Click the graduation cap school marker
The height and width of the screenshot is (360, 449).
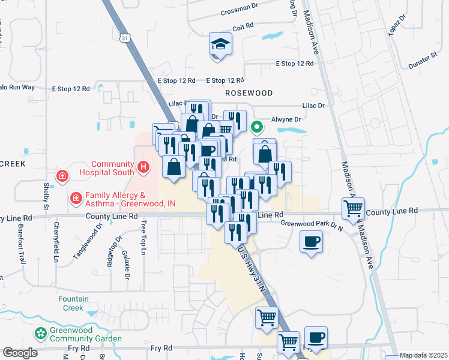click(x=220, y=44)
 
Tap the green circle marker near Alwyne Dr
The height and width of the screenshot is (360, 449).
click(x=257, y=127)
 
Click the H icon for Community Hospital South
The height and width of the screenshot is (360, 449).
click(x=143, y=167)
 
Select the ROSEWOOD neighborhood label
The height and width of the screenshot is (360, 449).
click(x=249, y=93)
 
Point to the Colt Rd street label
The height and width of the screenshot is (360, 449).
click(x=244, y=28)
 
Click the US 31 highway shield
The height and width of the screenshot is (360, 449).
click(x=124, y=38)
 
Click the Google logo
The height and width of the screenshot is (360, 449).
click(x=20, y=353)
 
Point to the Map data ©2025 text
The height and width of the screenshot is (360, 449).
click(x=424, y=355)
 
